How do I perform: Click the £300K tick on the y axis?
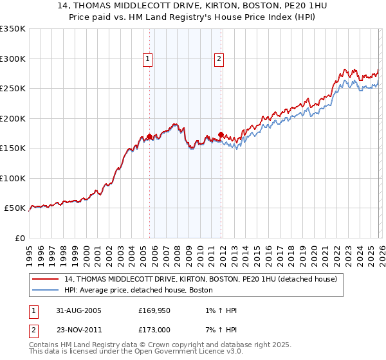pos(13,59)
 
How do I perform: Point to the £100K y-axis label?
pos(13,178)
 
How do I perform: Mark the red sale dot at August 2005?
pos(150,136)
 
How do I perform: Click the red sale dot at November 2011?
pos(221,135)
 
